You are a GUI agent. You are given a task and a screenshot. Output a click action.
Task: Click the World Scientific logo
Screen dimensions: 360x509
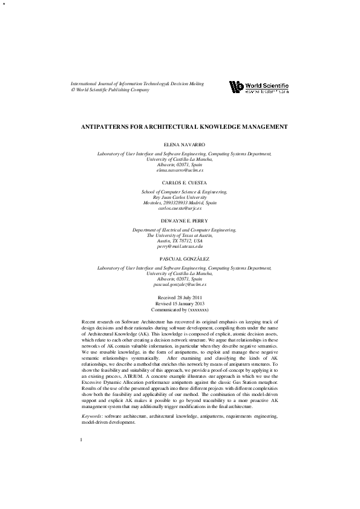coord(259,87)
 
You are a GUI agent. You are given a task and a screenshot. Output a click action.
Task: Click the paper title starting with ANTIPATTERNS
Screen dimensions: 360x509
coord(185,127)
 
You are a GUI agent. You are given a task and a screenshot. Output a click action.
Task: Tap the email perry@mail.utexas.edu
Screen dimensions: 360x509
coord(180,247)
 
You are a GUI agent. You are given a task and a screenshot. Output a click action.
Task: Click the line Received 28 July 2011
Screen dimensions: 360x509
coord(180,298)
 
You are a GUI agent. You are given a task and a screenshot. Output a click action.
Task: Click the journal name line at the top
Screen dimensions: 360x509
coord(137,84)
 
